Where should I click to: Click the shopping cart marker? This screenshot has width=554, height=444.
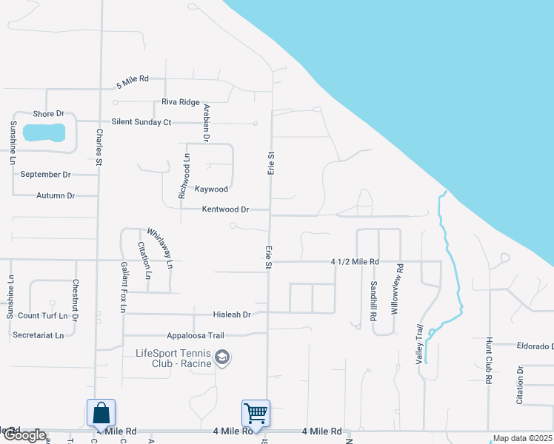click(256, 412)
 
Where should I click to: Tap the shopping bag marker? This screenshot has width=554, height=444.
click(101, 412)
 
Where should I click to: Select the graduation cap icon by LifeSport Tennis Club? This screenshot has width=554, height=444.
click(221, 358)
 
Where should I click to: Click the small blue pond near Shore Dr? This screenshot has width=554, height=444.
click(44, 133)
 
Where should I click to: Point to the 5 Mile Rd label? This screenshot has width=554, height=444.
click(133, 78)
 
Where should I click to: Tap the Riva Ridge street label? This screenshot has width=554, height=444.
click(181, 102)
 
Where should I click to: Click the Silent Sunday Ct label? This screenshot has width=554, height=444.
click(141, 121)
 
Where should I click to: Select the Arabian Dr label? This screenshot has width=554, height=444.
click(207, 122)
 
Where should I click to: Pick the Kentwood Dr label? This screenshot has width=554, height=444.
click(225, 209)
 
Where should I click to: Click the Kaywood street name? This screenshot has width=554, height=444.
click(211, 189)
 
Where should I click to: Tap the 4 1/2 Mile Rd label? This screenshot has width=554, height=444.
click(355, 262)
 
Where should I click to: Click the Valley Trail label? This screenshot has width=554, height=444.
click(420, 345)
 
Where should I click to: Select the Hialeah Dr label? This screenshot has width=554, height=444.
click(232, 314)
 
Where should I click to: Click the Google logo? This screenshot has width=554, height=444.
click(24, 436)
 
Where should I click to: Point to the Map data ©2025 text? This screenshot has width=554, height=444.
click(523, 438)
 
